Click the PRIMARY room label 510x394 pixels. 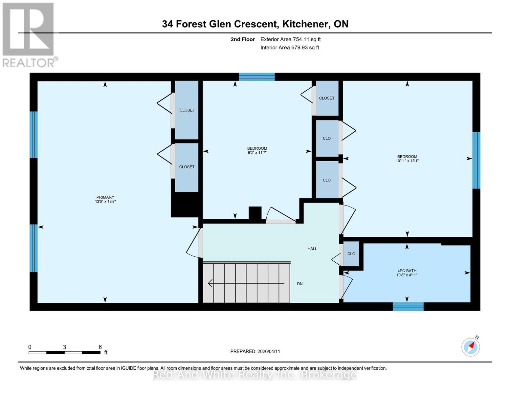[105, 197]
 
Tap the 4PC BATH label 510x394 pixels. [407, 271]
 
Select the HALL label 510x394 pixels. [312, 249]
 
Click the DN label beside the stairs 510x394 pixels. [299, 284]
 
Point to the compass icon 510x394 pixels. [471, 347]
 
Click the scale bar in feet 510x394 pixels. [64, 353]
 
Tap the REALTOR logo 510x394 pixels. [29, 34]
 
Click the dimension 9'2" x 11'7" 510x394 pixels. [257, 153]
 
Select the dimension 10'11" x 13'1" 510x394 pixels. [407, 161]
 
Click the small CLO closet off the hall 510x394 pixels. [351, 254]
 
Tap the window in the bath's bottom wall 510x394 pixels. [408, 307]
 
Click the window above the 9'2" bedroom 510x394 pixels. [256, 77]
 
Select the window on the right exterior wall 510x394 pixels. [476, 160]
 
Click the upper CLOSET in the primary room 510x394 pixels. [187, 110]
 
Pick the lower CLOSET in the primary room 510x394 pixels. [187, 167]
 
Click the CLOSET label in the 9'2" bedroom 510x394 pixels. [326, 98]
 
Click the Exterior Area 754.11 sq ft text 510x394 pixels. [290, 39]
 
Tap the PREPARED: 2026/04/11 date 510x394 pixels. [255, 351]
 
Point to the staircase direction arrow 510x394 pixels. [246, 283]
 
